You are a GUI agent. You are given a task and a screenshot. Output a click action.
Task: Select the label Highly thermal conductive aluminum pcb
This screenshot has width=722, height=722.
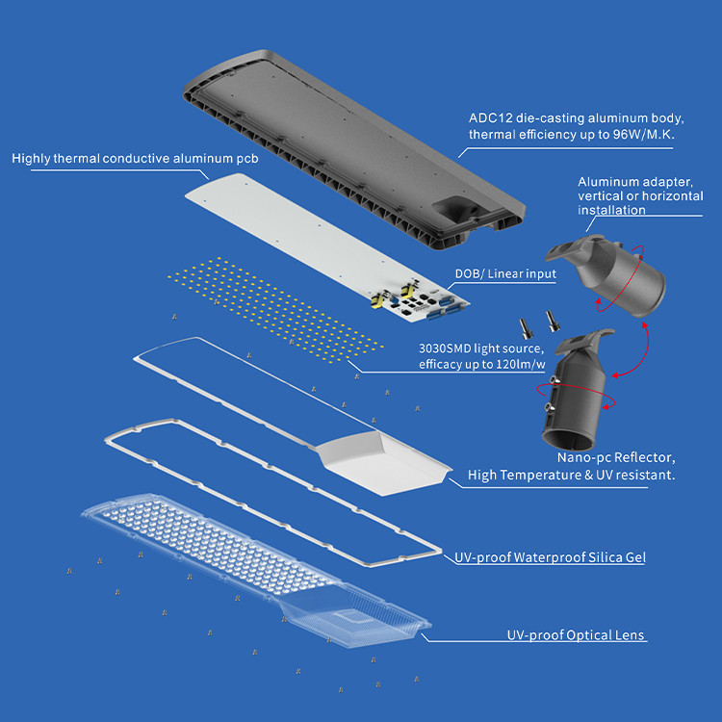click(x=135, y=159)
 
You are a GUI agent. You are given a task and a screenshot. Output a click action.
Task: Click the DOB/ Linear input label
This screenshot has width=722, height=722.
click(x=505, y=274)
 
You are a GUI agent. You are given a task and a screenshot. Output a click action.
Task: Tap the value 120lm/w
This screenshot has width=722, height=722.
click(x=520, y=365)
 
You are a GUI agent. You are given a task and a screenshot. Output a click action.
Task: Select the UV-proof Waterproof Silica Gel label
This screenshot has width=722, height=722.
click(x=550, y=557)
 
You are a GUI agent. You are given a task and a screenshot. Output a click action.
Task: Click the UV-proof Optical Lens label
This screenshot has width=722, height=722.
click(x=576, y=635)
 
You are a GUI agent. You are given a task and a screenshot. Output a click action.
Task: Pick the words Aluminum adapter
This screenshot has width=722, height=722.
click(x=635, y=182)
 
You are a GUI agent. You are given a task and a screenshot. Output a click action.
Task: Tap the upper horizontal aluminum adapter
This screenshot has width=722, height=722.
click(x=606, y=274)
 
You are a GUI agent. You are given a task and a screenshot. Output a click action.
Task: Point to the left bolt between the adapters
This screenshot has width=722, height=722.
click(x=526, y=328)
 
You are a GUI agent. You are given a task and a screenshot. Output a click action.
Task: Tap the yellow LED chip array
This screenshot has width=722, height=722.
click(x=275, y=309)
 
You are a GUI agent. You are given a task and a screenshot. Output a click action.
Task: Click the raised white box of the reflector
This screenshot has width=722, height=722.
click(x=383, y=463)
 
